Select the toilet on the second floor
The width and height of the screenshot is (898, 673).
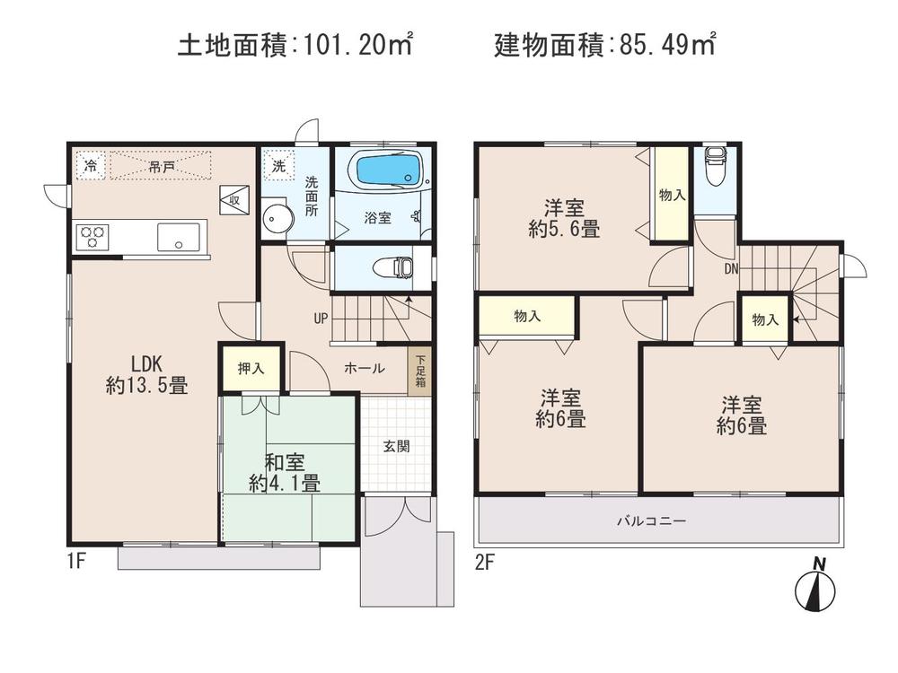click(x=716, y=168)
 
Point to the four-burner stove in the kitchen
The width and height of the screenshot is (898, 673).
click(x=92, y=237)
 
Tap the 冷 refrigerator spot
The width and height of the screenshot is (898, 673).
click(x=91, y=165)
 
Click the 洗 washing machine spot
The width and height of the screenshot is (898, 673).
click(x=279, y=165)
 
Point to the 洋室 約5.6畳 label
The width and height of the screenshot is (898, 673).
click(x=564, y=216)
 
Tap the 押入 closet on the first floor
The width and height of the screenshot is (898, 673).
click(x=251, y=367)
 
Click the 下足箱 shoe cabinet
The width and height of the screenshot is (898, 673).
click(x=419, y=369)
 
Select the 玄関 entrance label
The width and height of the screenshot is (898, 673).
click(x=397, y=446)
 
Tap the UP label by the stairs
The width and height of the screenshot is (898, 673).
click(x=321, y=318)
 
